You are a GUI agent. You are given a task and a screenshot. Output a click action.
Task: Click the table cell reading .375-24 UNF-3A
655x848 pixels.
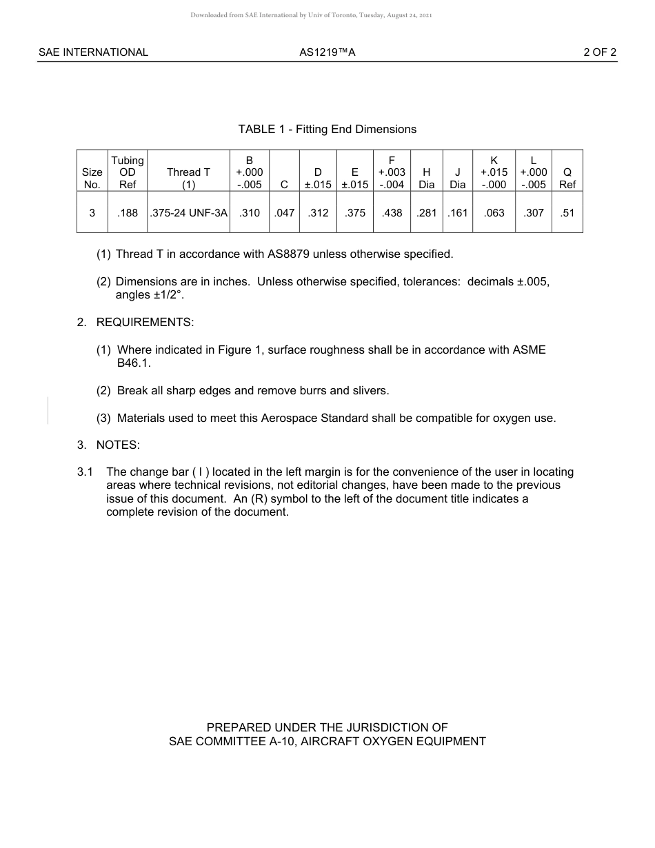point(188,213)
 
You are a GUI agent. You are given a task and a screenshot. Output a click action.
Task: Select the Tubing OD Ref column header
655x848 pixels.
point(128,172)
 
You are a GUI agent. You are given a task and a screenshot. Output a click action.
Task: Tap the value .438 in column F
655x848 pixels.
point(392,213)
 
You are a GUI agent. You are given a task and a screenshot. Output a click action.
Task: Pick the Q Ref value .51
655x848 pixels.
point(567,213)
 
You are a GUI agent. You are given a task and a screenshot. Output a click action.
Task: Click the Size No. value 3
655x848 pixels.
point(92,213)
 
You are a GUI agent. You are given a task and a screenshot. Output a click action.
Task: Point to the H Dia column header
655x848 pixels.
point(427,178)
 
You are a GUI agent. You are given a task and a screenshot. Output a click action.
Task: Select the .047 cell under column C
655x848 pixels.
point(284,213)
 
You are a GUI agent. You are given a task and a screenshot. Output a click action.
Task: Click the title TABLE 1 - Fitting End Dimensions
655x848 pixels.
point(327,129)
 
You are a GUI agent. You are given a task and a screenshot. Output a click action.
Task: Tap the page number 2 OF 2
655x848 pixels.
point(600,52)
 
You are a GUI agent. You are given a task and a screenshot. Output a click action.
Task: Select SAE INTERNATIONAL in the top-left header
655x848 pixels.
point(93,52)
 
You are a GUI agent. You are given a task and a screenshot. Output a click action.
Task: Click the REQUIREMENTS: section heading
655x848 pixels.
point(145,322)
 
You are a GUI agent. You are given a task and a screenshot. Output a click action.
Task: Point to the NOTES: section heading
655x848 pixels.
point(118,445)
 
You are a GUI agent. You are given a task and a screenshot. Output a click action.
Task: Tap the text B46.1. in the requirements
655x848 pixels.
point(134,363)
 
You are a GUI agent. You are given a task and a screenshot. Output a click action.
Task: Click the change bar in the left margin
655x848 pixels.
point(48,410)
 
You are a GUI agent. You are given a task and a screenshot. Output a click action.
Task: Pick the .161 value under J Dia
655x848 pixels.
point(457,213)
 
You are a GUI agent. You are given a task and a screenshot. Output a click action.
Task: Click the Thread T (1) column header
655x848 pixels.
point(188,178)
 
